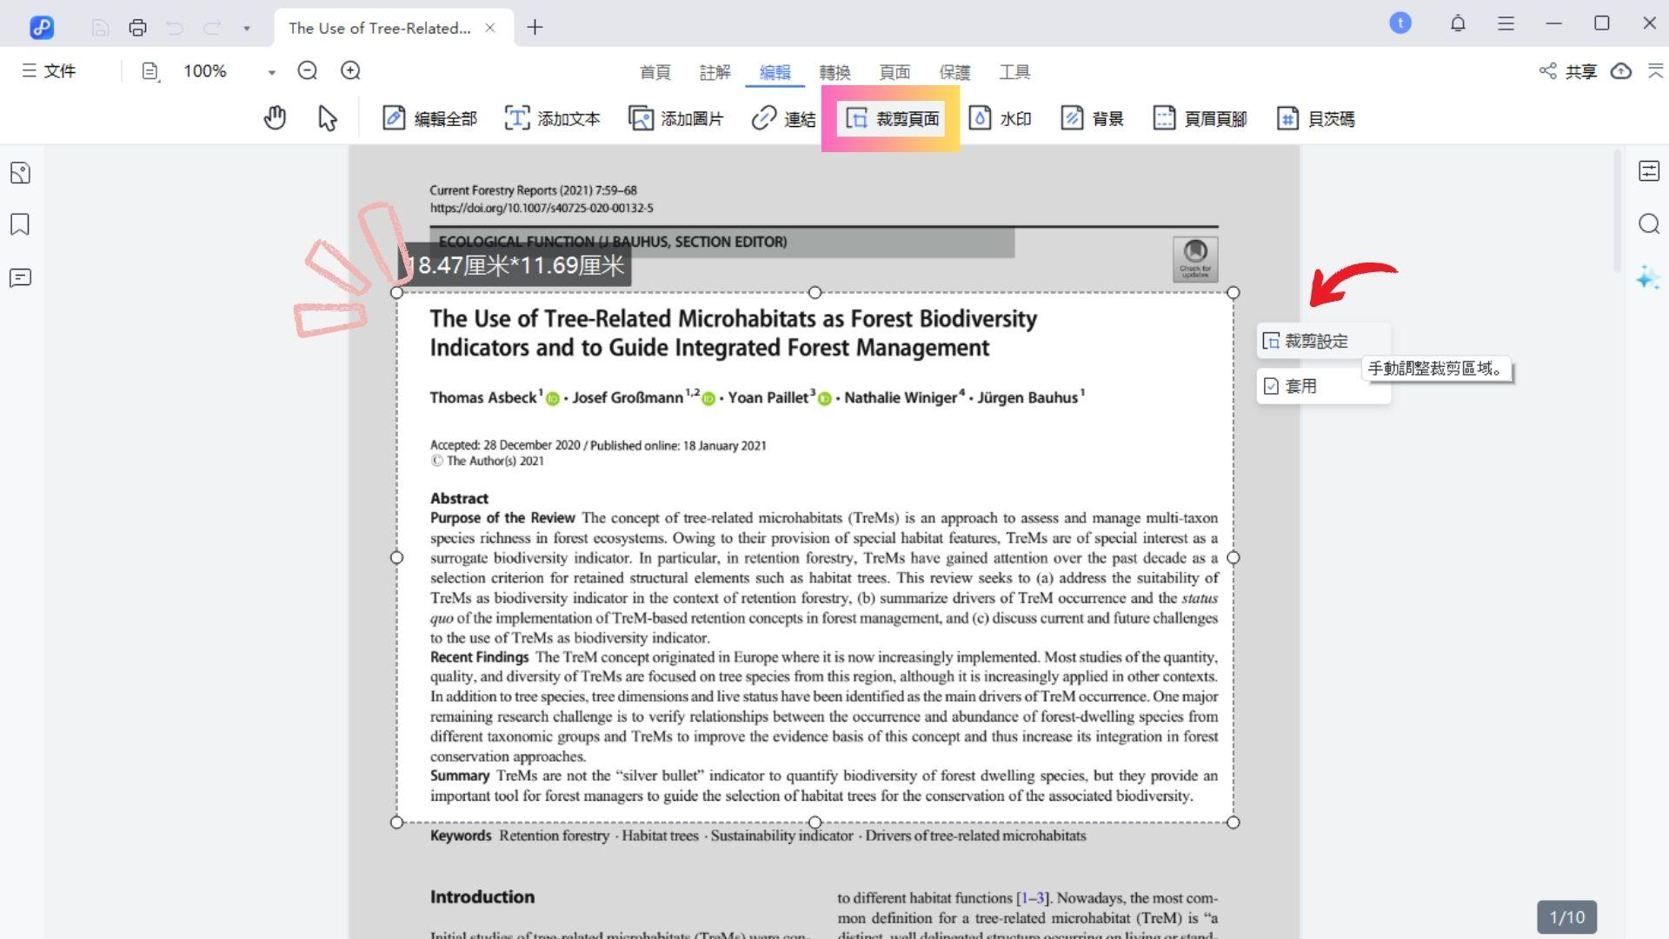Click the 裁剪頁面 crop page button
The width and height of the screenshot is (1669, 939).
(892, 118)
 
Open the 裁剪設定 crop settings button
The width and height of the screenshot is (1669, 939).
(1306, 342)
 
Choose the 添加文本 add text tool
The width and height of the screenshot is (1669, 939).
(553, 118)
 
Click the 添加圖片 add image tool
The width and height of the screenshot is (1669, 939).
(676, 118)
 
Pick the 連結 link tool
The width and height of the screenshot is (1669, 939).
(783, 118)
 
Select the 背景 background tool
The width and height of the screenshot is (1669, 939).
(1092, 118)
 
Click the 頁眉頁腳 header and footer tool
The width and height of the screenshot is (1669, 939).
(1200, 118)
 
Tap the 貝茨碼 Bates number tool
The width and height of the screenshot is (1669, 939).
(1315, 118)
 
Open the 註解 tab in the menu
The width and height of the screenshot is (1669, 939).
(715, 72)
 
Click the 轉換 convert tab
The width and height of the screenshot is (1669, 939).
(834, 72)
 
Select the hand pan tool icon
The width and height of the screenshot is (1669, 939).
(275, 117)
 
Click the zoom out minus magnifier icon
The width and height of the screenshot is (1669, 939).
(307, 71)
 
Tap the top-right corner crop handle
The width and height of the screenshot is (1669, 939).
(1233, 293)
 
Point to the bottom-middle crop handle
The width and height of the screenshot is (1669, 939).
(815, 822)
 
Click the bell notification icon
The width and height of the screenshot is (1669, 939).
(1458, 23)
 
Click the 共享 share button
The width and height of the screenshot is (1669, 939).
(1569, 71)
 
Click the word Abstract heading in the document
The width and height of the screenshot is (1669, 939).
(459, 498)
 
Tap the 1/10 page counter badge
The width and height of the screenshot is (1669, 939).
(1566, 917)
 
